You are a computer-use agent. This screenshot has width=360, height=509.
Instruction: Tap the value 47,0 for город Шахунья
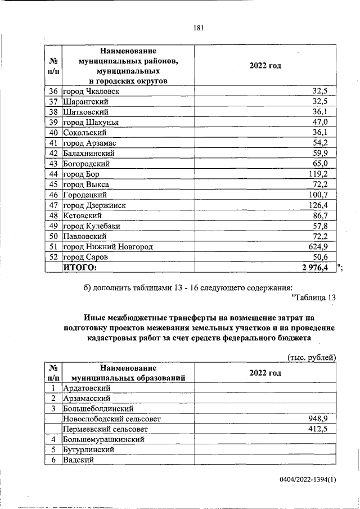coord(323,122)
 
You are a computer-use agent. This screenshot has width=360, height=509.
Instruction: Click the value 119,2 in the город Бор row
coord(321,174)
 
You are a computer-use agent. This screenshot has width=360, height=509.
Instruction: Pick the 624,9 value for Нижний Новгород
coord(321,246)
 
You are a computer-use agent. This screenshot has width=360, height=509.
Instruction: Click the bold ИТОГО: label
coord(79,267)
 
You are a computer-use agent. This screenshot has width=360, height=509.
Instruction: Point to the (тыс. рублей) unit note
coord(311,357)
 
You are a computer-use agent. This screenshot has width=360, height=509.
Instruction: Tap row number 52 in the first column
coord(54,257)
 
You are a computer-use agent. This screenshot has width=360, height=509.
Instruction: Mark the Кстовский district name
coord(82,215)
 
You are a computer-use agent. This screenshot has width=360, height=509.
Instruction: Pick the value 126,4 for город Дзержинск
coord(321,205)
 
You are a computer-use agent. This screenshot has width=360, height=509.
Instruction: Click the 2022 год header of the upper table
coord(265,66)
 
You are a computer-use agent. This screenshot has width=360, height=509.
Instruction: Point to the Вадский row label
coord(78,460)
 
